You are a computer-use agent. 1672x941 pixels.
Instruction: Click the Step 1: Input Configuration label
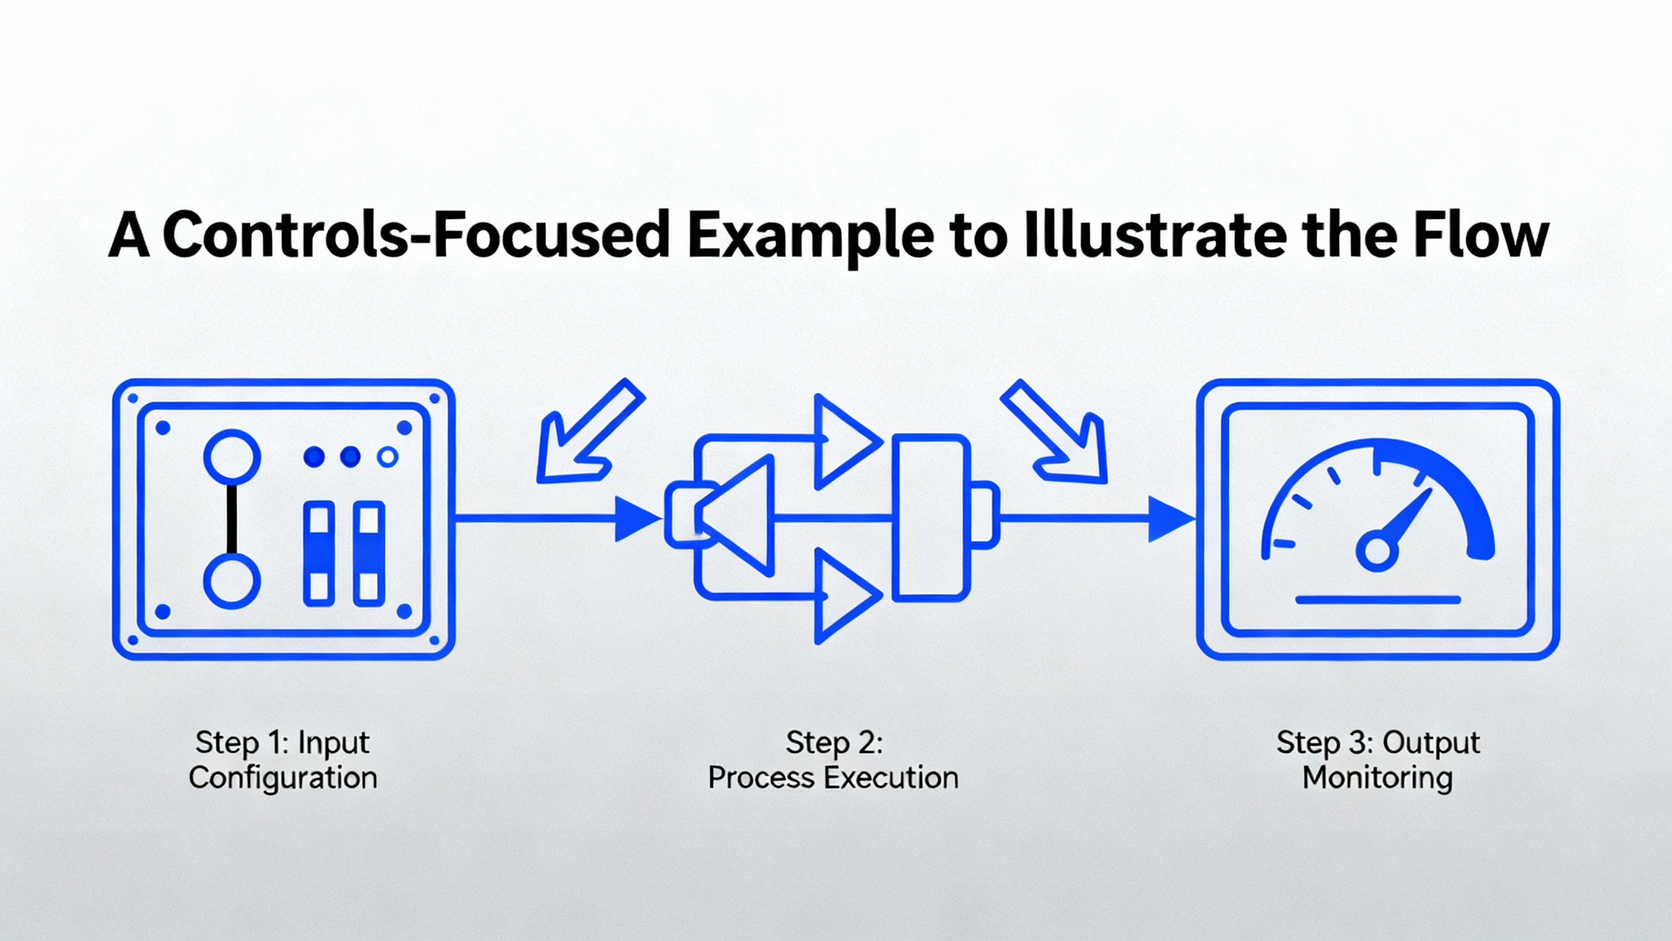coord(283,760)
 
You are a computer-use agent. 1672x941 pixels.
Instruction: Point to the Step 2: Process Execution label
coord(833,760)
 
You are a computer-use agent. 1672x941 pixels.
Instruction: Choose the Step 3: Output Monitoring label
coord(1378,760)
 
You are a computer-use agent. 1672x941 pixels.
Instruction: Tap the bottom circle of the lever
coord(232,581)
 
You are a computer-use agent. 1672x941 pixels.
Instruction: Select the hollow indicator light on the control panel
coord(388,457)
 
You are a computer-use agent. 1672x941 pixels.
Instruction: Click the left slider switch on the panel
coord(319,553)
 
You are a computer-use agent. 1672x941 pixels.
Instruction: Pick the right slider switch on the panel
coord(369,553)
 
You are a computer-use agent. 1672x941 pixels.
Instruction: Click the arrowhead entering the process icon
coord(636,519)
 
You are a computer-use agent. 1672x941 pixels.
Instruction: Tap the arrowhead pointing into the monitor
coord(1169,519)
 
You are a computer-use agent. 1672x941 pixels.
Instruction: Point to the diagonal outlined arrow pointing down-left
coord(585,435)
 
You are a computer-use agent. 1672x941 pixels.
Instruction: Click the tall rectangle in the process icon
coord(931,518)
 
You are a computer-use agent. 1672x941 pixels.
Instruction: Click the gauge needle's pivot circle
coord(1377,551)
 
